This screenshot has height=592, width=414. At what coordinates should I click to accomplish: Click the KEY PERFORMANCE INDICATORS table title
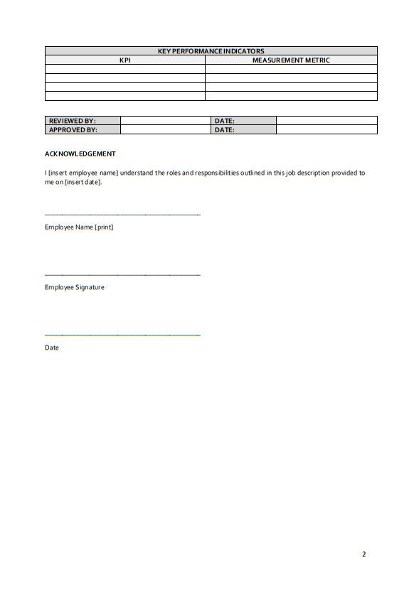click(211, 51)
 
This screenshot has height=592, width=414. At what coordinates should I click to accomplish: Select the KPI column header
click(125, 60)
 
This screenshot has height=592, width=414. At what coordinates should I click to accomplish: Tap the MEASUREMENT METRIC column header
click(291, 60)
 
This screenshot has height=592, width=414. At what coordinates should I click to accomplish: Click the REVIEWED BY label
click(72, 121)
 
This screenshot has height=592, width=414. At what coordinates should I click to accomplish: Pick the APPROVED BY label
click(73, 130)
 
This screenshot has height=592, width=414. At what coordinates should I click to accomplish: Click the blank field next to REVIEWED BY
click(166, 121)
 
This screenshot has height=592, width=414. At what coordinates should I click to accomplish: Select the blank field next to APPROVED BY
click(166, 130)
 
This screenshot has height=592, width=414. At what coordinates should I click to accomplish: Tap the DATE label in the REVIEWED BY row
click(225, 121)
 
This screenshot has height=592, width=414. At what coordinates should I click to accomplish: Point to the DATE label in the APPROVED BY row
click(225, 130)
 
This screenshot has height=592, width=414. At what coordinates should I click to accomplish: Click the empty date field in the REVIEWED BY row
click(327, 121)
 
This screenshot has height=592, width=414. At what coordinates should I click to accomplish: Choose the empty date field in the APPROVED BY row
click(327, 130)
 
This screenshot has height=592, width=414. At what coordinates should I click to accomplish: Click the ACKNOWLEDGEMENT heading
click(80, 154)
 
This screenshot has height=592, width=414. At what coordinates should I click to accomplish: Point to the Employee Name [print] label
click(79, 227)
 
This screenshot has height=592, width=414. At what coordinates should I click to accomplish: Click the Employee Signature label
click(75, 287)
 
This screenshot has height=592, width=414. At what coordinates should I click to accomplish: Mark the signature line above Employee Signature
click(122, 275)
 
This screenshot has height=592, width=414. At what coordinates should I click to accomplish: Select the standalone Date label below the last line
click(52, 348)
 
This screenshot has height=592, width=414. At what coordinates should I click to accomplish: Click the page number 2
click(363, 554)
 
